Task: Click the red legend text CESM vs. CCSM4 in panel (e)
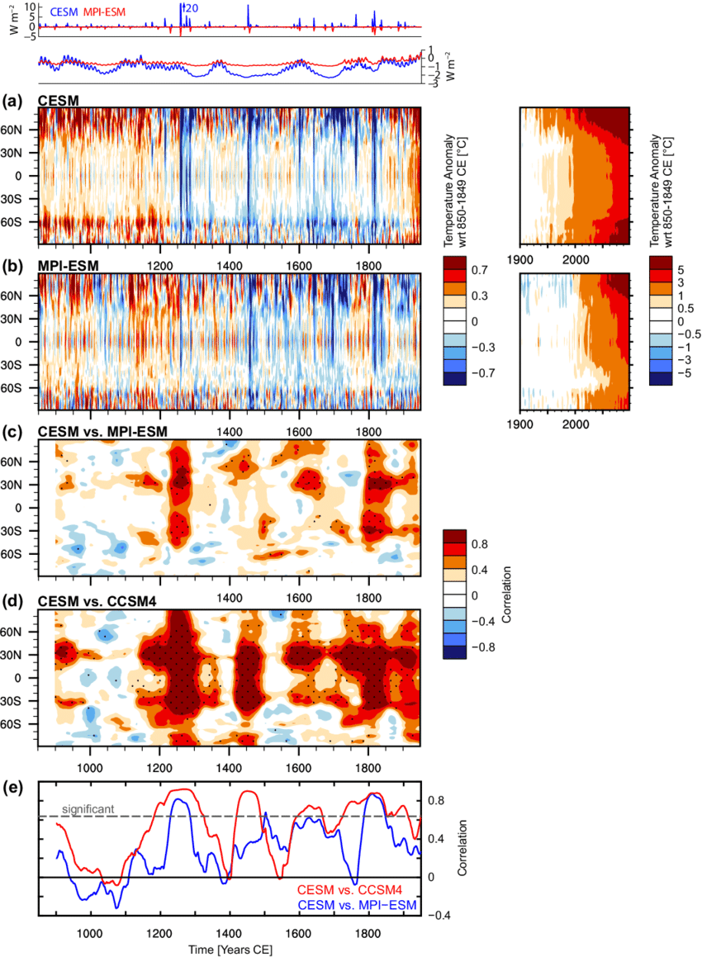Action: click(356, 889)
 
